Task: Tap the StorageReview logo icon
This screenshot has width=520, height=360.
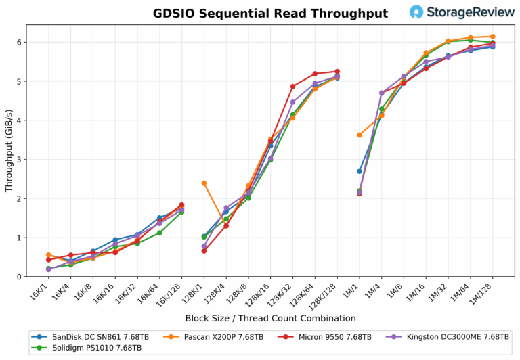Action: tap(417, 12)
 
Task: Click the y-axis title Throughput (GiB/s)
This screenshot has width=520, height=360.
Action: tap(9, 150)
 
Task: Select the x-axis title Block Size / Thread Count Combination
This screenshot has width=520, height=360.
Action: tap(270, 318)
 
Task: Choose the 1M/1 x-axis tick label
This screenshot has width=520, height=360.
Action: tap(352, 291)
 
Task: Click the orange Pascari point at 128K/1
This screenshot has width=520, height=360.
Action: tap(204, 183)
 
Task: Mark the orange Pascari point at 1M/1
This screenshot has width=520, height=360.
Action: tap(360, 135)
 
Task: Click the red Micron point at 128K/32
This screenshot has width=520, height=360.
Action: tap(292, 87)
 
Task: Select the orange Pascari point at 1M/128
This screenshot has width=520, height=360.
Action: tap(492, 37)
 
